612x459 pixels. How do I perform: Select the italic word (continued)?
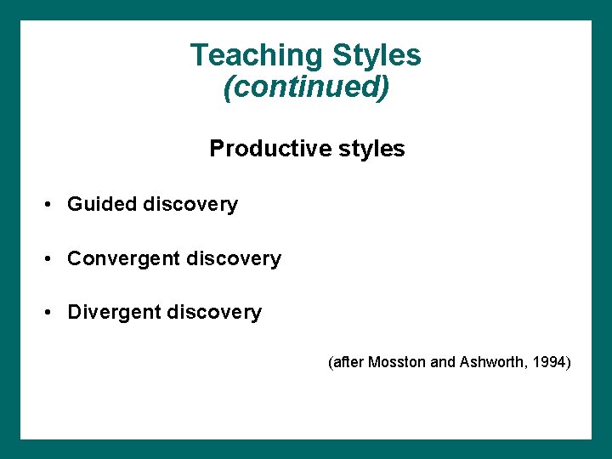306,87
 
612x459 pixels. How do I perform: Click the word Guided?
103,205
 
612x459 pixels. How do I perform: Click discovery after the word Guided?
191,205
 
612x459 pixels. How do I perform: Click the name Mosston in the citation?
398,363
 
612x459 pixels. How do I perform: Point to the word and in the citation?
443,363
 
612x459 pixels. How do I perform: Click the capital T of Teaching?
198,55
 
